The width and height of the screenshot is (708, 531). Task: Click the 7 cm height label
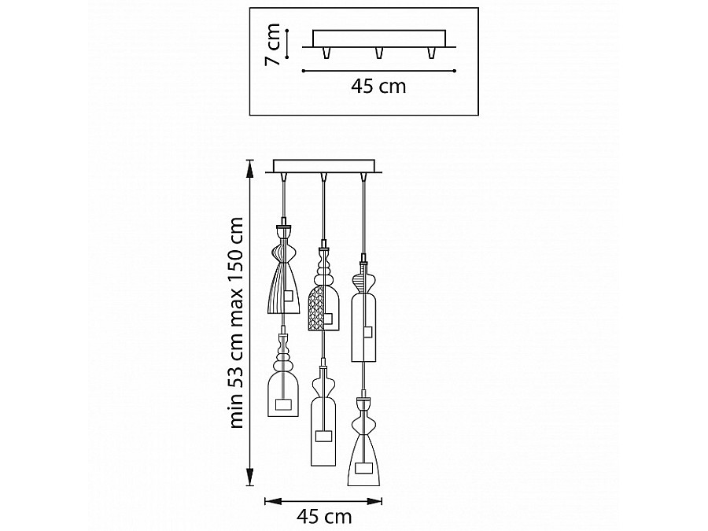(x=274, y=44)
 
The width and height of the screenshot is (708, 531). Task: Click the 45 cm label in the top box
(x=378, y=86)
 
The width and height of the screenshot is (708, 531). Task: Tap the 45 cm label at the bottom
(x=324, y=516)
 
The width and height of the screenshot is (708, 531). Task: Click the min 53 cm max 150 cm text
(x=237, y=323)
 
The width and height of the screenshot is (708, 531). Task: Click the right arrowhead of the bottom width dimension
(x=374, y=501)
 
